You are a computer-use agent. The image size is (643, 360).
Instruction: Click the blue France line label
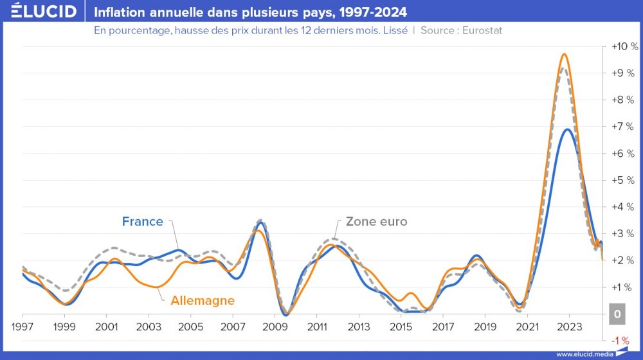point(142,222)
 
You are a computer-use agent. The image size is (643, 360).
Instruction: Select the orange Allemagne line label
point(203,300)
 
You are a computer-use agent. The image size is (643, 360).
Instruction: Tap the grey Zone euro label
point(376,222)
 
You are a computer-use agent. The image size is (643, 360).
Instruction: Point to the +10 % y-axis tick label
point(624,47)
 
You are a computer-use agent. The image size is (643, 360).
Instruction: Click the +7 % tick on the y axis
point(624,127)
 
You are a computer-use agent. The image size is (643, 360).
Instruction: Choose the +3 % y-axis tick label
point(624,233)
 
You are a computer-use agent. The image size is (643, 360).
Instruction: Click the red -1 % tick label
point(621,340)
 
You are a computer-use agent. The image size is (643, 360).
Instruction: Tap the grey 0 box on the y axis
point(617,314)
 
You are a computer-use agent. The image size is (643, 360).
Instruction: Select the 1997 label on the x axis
point(23,327)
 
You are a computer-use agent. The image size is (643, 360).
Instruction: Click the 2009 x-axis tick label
point(275,327)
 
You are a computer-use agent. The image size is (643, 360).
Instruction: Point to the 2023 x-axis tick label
point(569,327)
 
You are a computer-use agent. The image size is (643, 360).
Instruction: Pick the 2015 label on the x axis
point(401,327)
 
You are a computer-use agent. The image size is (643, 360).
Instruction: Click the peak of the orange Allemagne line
point(564,54)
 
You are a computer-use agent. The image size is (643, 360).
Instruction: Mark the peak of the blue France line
point(567,129)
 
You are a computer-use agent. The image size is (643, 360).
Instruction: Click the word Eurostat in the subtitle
point(482,30)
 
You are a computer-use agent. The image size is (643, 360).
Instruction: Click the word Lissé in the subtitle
point(394,30)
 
